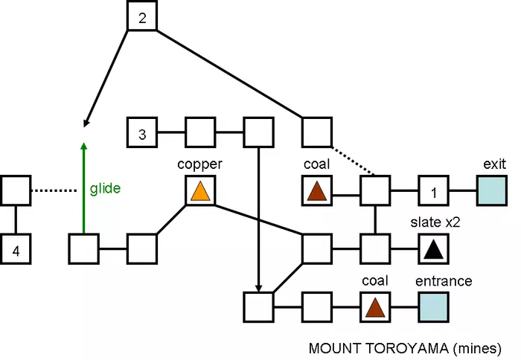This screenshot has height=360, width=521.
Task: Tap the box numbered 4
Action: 16,249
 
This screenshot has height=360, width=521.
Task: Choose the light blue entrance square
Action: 432,306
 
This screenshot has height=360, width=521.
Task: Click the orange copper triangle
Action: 200,191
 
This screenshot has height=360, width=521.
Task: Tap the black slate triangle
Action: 432,249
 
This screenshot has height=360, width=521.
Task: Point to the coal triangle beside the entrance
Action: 374,306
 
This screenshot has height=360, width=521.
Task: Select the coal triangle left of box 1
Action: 316,191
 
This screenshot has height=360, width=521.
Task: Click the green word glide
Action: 105,188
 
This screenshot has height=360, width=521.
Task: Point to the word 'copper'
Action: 199,162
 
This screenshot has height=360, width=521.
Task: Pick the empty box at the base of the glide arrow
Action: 83,249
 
